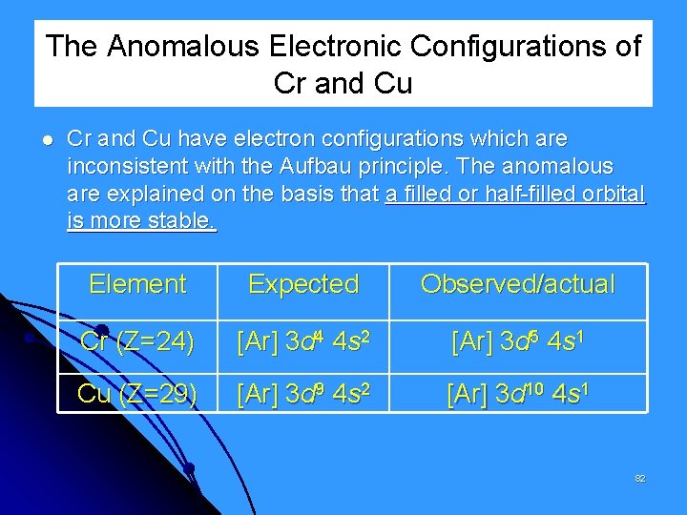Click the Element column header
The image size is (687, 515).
pos(137,283)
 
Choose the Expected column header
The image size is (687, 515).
pos(303,283)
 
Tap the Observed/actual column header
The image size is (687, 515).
pos(518,283)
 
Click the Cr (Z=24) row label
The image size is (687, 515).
pos(138,340)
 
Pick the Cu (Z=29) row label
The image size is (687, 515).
pos(137,394)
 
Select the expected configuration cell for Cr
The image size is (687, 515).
pos(303,340)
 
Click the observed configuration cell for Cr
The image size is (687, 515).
pos(518,340)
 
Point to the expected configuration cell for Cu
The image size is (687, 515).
pos(303,394)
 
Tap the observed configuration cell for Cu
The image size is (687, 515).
pos(518,394)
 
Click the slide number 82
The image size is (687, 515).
pos(640,478)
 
